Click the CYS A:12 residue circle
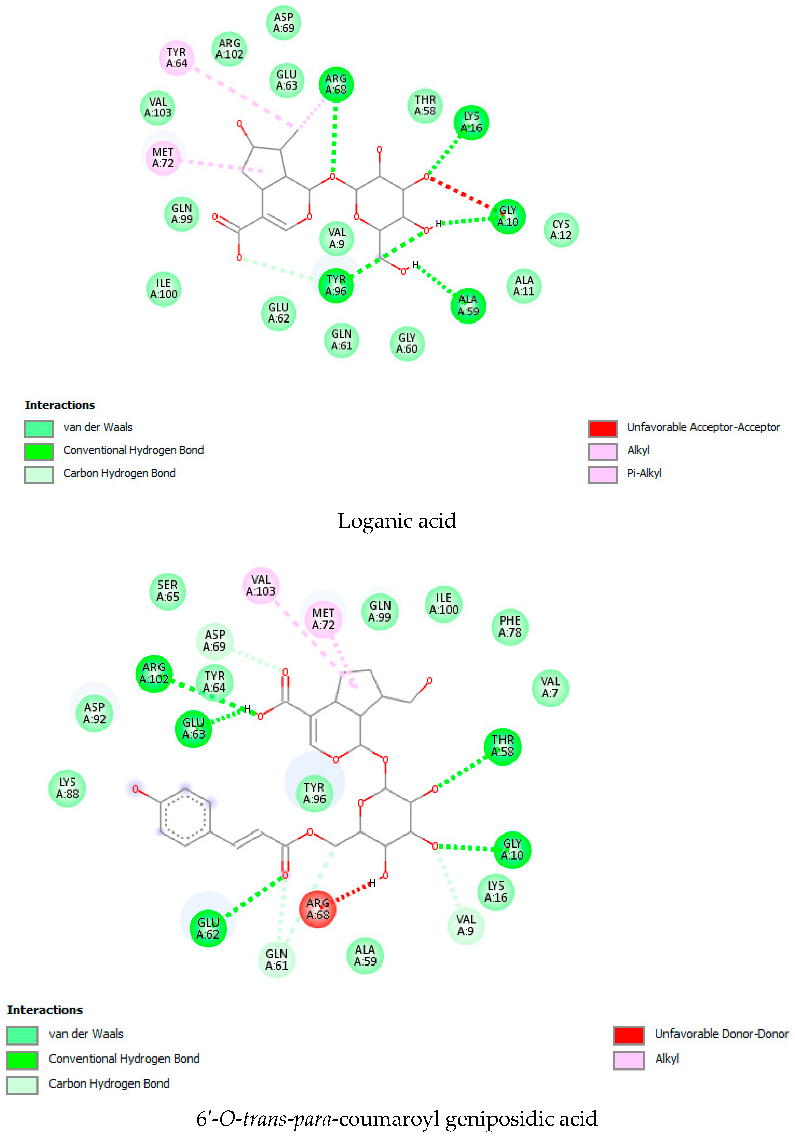561,230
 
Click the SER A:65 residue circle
168,591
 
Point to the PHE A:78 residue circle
510,627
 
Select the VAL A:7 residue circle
550,687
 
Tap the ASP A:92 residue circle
94,713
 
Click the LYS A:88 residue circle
67,788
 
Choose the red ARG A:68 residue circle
318,909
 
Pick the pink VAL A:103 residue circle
261,586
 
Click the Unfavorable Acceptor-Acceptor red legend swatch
603,428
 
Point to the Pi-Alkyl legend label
644,473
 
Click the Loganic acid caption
397,520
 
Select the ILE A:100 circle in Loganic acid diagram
164,289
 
